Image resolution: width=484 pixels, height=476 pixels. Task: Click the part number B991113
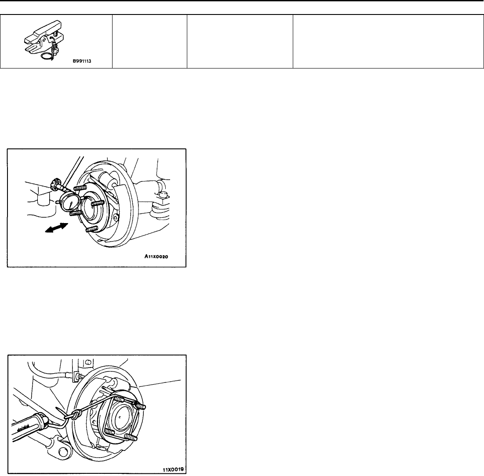coord(82,61)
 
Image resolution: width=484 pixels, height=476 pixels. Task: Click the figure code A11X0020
coord(156,256)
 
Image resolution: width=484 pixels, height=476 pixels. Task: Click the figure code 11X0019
coord(173,469)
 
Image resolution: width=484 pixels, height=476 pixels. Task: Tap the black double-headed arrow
coord(56,228)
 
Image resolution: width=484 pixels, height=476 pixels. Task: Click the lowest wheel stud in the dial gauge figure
coord(91,229)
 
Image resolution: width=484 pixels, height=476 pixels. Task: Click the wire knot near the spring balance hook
coord(75,414)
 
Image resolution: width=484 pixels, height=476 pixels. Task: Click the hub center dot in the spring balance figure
coord(120,418)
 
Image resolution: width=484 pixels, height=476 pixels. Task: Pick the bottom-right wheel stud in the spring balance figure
coord(131,437)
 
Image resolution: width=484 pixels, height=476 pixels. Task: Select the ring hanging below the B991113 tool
coord(46,55)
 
